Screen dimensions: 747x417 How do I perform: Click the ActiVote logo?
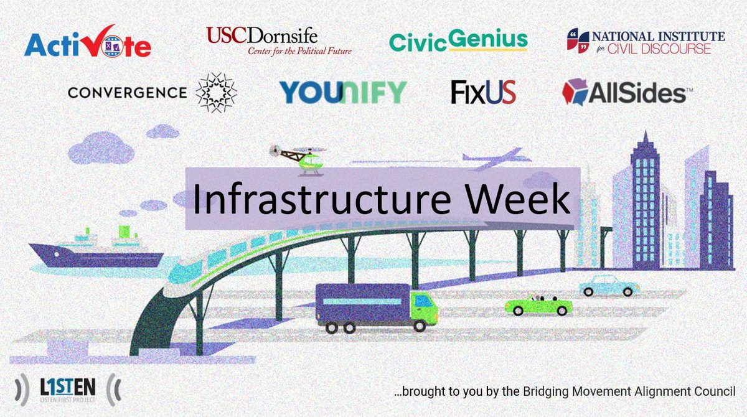point(87,41)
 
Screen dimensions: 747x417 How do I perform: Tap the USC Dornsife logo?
point(279,41)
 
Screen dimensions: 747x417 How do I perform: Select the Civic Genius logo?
point(458,40)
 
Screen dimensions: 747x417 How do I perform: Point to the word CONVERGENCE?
point(127,93)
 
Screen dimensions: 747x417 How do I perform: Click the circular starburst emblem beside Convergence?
point(216,93)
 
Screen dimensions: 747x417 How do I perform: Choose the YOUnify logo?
point(343,92)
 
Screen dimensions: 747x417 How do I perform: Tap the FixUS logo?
point(484,92)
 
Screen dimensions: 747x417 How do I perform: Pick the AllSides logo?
point(627,92)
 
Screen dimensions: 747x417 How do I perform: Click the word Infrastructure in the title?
point(322,199)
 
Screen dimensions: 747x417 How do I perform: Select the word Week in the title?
point(518,199)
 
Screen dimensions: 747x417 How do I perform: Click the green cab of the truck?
point(423,307)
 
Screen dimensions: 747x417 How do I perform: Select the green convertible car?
point(538,305)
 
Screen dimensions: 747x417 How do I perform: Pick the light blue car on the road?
point(609,286)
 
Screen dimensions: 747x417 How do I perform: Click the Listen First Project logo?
point(68,390)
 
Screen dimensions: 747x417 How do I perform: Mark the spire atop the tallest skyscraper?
point(646,138)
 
